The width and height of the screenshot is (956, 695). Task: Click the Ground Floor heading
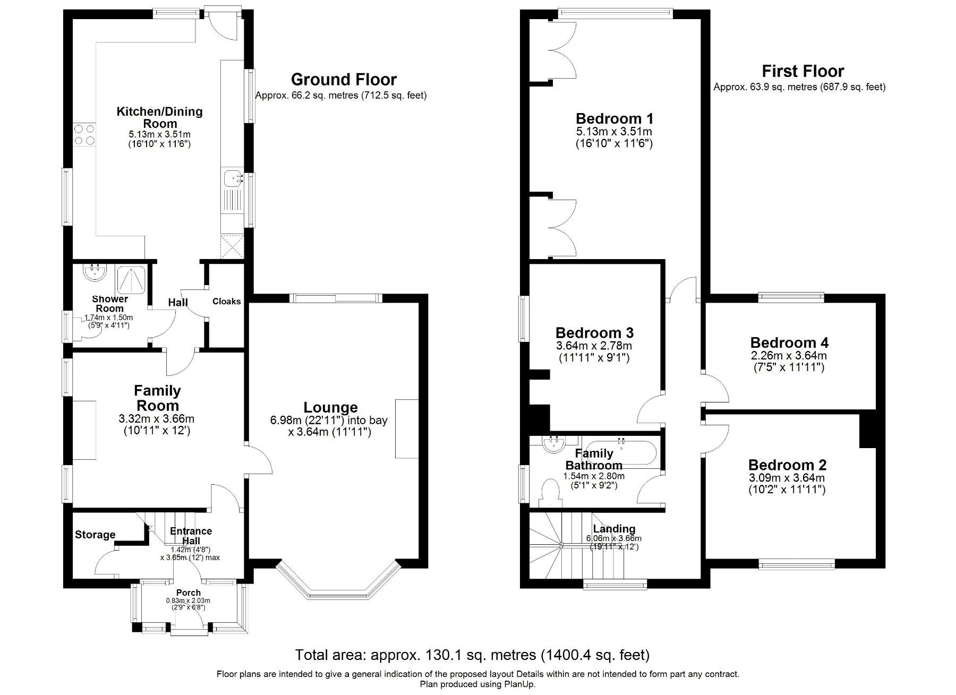click(344, 80)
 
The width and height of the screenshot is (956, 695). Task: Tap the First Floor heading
click(803, 71)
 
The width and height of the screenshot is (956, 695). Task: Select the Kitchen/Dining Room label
click(159, 117)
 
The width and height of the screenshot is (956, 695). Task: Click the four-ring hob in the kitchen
click(84, 134)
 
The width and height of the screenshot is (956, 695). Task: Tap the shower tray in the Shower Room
click(131, 280)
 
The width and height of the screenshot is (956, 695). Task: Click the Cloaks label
click(226, 302)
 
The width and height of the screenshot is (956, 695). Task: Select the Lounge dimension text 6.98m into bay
click(328, 421)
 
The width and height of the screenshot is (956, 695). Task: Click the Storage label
click(95, 535)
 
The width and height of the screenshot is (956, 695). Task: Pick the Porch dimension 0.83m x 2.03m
click(188, 601)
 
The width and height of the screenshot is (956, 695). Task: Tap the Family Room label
click(157, 398)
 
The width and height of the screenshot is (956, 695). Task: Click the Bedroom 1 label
click(614, 118)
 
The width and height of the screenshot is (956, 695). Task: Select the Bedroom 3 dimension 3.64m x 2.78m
click(594, 346)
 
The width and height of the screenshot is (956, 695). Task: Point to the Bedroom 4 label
click(789, 343)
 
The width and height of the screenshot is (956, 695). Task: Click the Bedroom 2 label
click(787, 466)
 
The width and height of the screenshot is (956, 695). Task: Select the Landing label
click(614, 529)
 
